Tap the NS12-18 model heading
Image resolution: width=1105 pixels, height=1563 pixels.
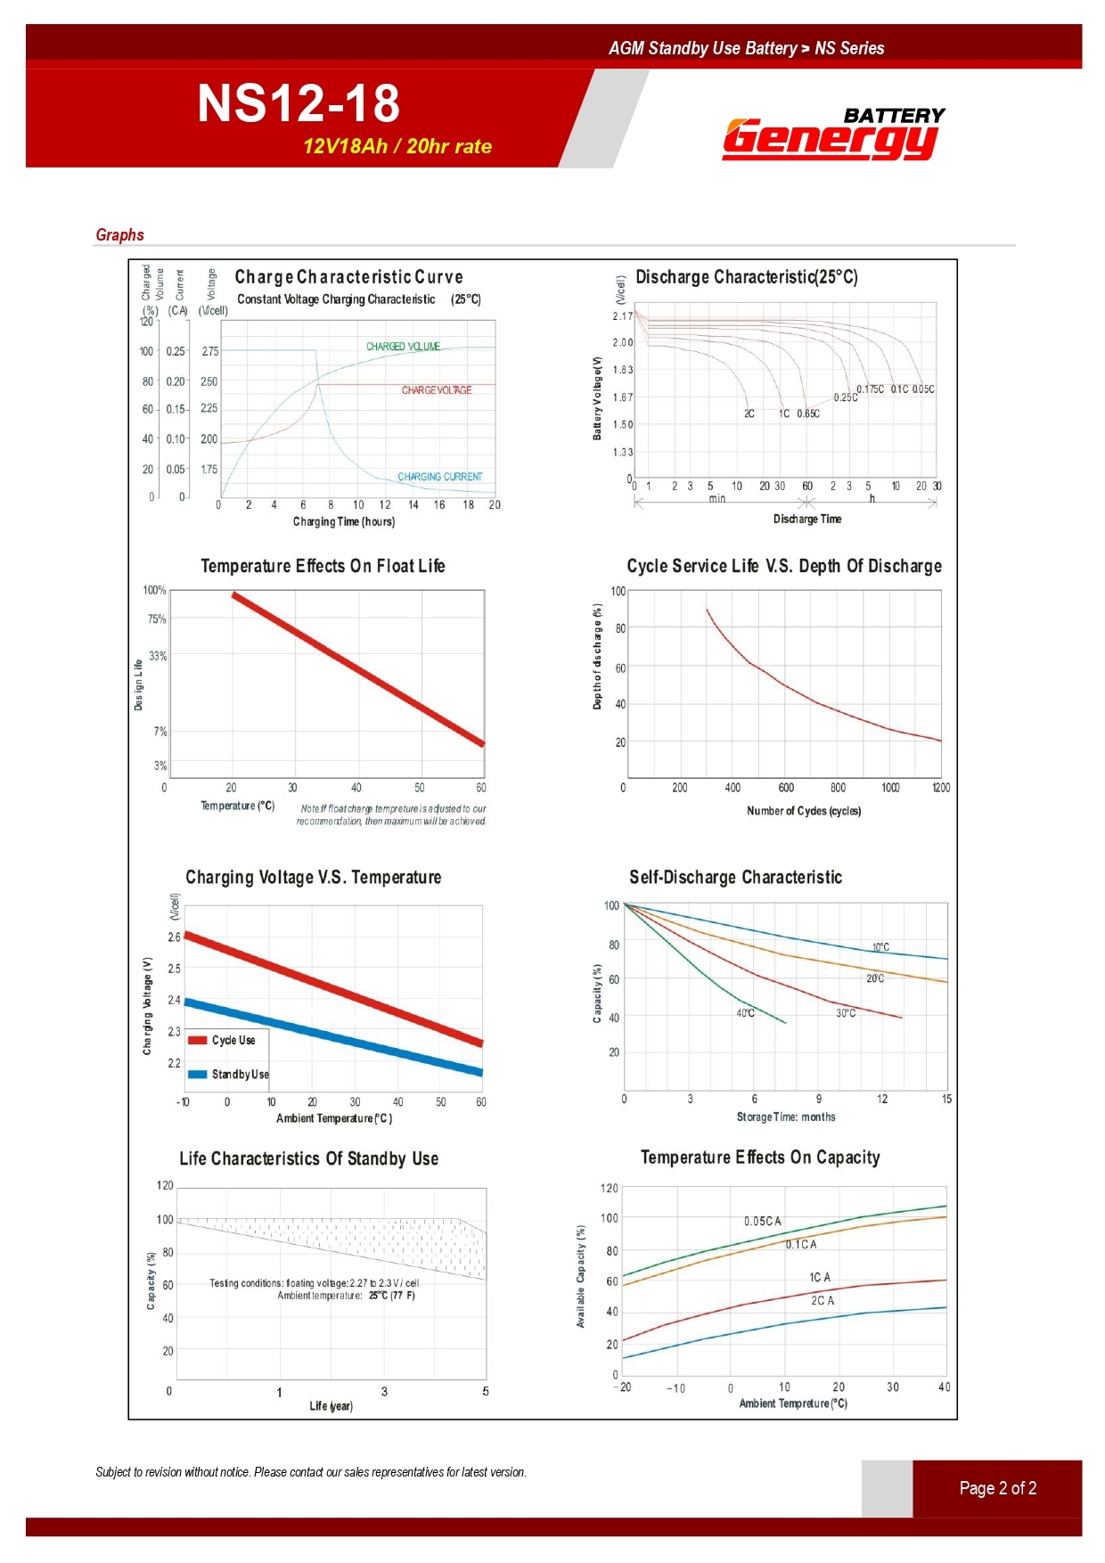(299, 102)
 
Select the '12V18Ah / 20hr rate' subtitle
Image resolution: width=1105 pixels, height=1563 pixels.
(397, 146)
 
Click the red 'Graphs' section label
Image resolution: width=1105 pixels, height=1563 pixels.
(119, 235)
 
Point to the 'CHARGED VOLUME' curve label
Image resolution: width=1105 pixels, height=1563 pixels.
(403, 347)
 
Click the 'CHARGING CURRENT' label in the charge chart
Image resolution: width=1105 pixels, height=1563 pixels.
(439, 477)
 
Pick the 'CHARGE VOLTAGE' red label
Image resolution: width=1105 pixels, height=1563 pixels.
(436, 390)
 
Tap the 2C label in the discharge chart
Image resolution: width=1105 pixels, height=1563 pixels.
(749, 413)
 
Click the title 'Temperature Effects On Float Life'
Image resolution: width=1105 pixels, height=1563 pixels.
(323, 566)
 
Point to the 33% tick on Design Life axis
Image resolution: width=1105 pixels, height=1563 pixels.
(158, 656)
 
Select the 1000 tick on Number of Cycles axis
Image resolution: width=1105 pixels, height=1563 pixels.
(890, 788)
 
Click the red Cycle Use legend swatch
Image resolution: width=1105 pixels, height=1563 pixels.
(198, 1040)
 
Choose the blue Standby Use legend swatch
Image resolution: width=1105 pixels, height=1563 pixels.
(198, 1074)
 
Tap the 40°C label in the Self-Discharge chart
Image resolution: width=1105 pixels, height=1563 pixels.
(745, 1013)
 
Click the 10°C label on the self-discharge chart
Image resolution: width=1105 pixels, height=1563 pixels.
(880, 947)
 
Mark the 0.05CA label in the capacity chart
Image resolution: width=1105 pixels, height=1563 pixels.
(763, 1221)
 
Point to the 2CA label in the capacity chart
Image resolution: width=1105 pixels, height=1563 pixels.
(823, 1301)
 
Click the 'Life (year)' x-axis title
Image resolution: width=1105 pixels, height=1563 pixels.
(331, 1406)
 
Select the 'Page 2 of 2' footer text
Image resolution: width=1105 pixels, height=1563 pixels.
(997, 1488)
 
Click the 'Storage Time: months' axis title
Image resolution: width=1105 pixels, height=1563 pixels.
(785, 1117)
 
